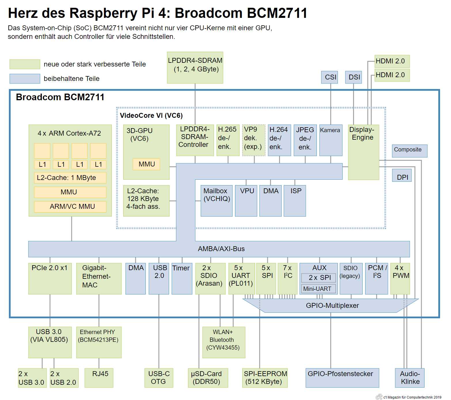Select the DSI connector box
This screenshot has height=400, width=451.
353,77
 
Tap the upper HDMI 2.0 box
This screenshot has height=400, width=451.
392,61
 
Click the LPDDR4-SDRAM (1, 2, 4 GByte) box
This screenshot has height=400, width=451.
195,68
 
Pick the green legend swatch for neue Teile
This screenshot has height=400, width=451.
25,64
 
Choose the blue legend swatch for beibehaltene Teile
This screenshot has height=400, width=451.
25,79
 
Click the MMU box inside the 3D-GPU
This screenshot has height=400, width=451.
146,164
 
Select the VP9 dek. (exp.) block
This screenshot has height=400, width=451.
254,140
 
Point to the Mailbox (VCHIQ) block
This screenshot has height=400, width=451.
216,200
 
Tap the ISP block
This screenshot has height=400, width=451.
295,200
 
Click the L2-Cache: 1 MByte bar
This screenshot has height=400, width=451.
70,178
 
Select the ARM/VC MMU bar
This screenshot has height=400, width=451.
70,206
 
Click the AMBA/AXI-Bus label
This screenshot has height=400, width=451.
221,249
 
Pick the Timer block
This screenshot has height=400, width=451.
182,278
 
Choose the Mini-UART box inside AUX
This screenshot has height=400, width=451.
318,289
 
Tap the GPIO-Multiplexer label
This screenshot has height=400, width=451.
332,306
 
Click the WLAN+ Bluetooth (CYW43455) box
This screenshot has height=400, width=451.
223,342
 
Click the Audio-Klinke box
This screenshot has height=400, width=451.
409,378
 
